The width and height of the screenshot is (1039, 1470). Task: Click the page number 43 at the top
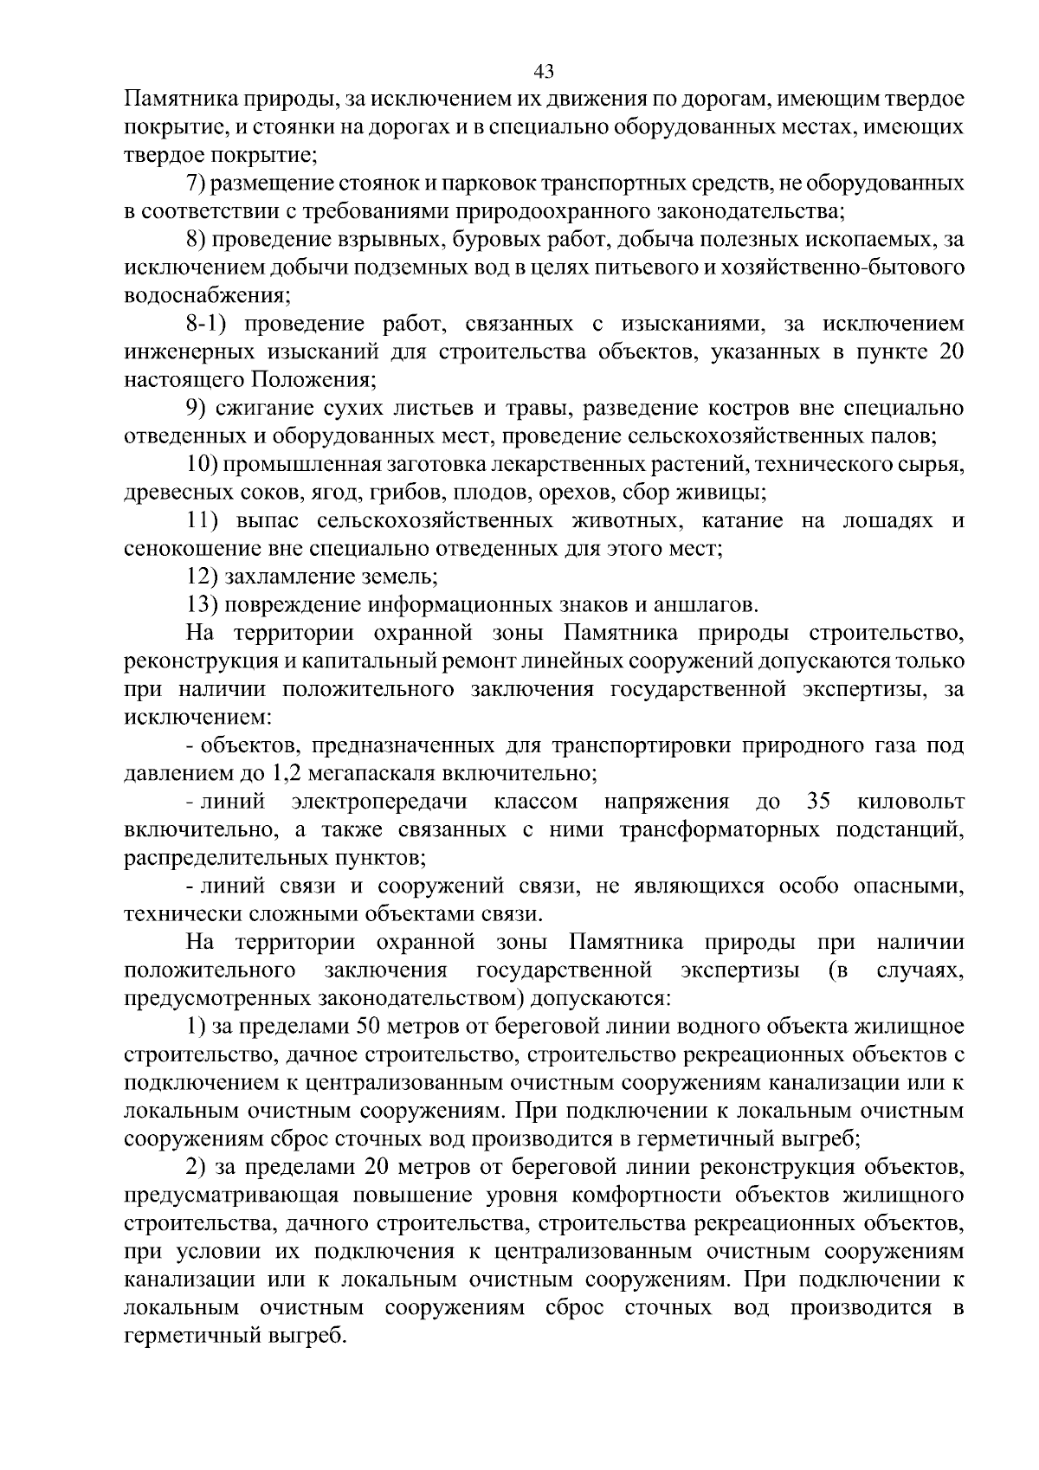click(x=545, y=71)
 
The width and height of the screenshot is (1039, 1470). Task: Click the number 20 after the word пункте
click(x=948, y=352)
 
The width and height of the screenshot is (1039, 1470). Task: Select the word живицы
click(x=725, y=493)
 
